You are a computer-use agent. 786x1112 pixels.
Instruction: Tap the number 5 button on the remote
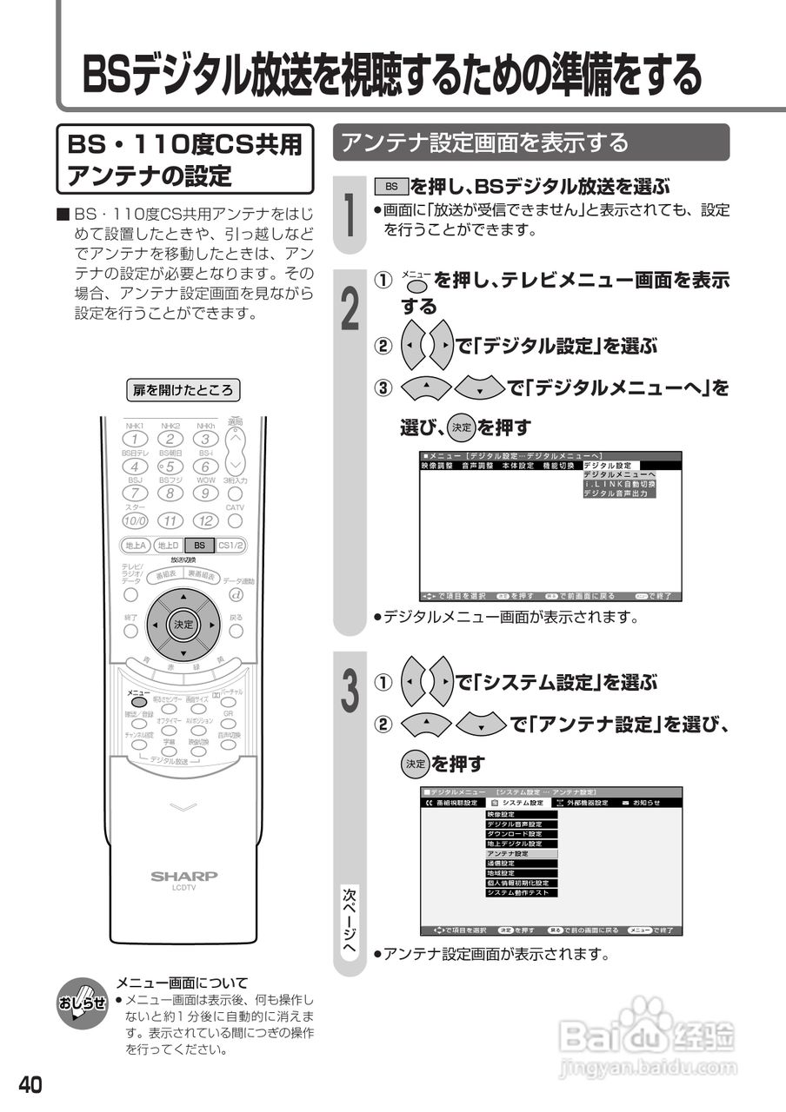[170, 467]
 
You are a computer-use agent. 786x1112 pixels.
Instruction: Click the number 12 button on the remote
[206, 520]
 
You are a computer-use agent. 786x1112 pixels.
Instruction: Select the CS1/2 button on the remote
[230, 546]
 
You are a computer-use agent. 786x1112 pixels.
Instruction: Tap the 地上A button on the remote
[135, 546]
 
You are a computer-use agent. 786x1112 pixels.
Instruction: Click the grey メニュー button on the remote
[138, 701]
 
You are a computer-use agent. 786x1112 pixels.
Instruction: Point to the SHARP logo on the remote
[184, 877]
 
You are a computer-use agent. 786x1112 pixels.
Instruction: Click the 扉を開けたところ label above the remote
[183, 391]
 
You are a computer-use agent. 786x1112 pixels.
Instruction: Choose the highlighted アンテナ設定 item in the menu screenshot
[520, 854]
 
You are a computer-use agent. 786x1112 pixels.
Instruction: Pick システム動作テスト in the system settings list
[520, 892]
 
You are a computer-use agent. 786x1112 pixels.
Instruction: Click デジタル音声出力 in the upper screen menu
[619, 493]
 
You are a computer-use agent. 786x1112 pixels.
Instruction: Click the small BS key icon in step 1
[391, 187]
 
